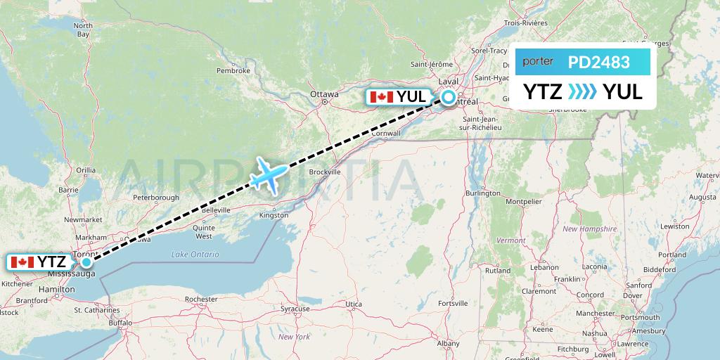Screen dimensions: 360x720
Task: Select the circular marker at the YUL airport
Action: click(448, 98)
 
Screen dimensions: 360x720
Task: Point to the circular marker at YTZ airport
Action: click(86, 262)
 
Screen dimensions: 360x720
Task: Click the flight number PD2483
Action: click(598, 63)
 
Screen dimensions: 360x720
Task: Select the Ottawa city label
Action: click(324, 94)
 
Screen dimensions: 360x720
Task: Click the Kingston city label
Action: click(274, 215)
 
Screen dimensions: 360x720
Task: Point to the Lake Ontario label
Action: click(195, 255)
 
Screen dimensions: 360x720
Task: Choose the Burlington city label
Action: click(482, 193)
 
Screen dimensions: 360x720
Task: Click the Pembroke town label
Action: click(233, 70)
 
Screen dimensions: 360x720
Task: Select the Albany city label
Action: click(448, 343)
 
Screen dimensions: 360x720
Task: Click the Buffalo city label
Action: click(120, 323)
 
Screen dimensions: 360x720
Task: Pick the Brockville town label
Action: click(325, 172)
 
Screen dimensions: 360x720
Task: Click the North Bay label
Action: click(82, 30)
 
